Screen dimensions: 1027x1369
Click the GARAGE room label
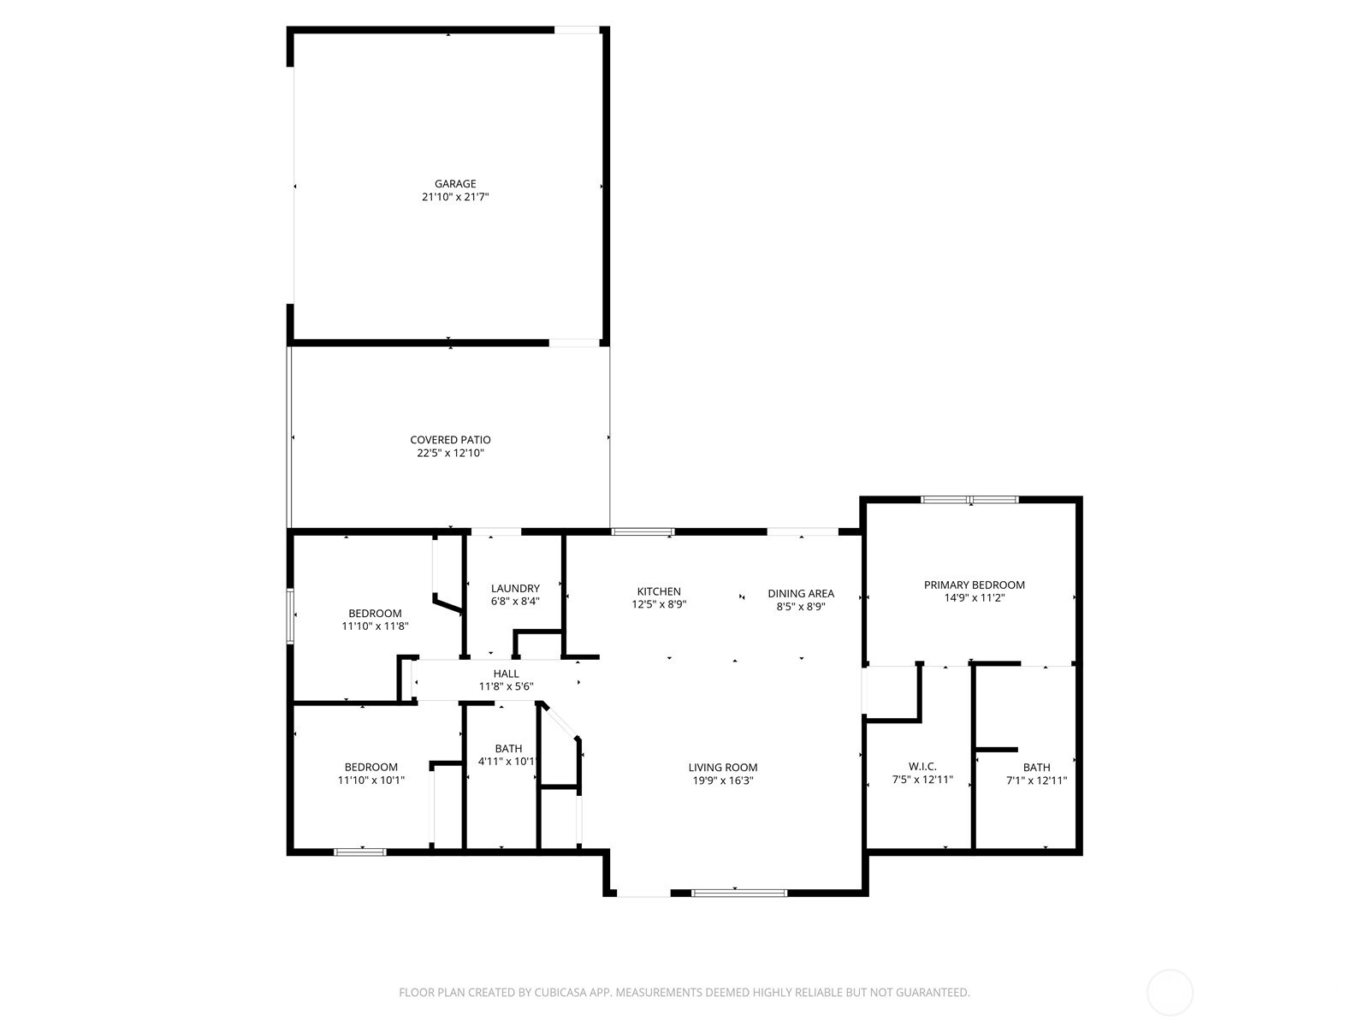click(454, 184)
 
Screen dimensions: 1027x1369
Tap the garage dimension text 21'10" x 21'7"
click(454, 197)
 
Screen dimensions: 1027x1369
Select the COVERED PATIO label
click(450, 440)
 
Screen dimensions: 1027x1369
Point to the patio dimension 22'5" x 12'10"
click(450, 453)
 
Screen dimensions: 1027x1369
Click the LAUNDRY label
click(515, 588)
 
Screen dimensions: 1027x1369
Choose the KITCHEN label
click(659, 591)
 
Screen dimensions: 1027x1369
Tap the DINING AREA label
click(800, 593)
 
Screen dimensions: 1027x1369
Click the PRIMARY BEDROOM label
click(974, 585)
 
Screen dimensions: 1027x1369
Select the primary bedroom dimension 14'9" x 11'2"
click(974, 598)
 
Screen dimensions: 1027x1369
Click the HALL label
click(506, 674)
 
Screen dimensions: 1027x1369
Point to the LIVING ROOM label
click(723, 768)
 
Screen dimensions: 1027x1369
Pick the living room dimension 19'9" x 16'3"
click(723, 781)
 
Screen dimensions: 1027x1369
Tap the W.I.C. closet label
click(922, 767)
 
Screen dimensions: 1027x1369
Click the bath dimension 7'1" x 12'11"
click(1036, 781)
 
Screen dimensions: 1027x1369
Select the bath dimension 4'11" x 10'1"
click(507, 762)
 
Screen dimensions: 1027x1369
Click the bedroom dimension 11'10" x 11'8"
click(375, 626)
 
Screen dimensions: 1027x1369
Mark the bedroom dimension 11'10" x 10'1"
click(371, 781)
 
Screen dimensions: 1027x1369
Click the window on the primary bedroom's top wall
click(969, 499)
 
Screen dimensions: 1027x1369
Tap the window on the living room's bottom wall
click(739, 893)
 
